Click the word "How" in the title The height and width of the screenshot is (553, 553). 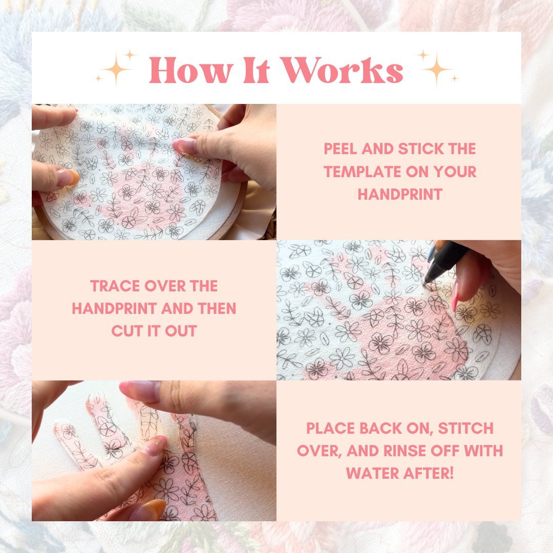(191, 71)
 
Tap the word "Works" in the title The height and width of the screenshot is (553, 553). (343, 70)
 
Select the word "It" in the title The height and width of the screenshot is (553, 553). (257, 71)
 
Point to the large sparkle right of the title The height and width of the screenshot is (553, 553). (437, 69)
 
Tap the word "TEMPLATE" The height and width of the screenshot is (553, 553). (362, 172)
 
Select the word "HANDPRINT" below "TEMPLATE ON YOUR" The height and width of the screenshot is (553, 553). (400, 195)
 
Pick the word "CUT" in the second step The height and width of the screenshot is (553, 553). (127, 331)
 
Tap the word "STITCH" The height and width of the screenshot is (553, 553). (465, 429)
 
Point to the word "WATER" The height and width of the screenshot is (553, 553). (372, 474)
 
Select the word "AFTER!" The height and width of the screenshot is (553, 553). (428, 474)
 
